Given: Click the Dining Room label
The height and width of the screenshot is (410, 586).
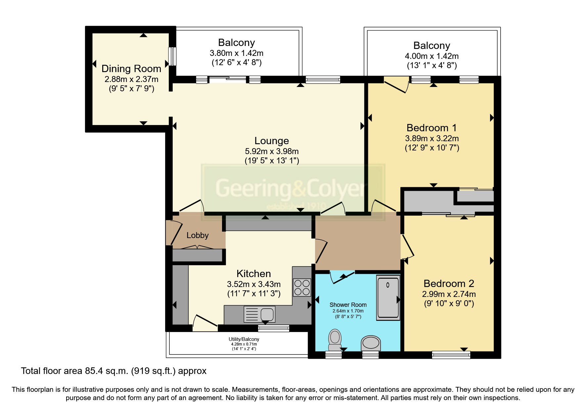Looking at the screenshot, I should pos(131,69).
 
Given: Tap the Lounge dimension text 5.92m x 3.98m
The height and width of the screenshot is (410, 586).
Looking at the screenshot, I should pos(272,151).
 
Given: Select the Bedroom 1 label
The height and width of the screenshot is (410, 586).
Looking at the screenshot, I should pos(431,128).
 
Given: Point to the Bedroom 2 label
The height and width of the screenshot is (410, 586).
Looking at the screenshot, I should pos(449,284).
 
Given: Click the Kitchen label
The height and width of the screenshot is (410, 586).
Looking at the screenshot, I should pos(254,274).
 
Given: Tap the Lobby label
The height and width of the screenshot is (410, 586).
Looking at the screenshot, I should pos(198,235).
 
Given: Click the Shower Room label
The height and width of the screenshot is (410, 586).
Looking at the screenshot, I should pos(348,305).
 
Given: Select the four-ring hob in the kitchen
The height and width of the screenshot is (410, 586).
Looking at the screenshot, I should pos(302,287).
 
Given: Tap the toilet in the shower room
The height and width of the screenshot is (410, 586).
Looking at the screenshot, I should pos(335,340).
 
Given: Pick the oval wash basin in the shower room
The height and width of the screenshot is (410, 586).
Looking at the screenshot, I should pos(371,343).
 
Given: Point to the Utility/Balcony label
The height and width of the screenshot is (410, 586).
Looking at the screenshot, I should pos(244,339).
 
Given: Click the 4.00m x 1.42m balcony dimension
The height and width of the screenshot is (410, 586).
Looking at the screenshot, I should pos(431,56).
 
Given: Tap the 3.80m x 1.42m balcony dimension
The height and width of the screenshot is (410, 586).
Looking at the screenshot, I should pos(237,53).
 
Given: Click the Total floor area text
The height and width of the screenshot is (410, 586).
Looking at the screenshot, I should pos(113,371).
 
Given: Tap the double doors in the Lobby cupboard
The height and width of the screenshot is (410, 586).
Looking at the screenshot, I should pos(198,247).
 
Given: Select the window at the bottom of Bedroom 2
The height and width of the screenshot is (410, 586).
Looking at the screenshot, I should pos(451,355).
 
